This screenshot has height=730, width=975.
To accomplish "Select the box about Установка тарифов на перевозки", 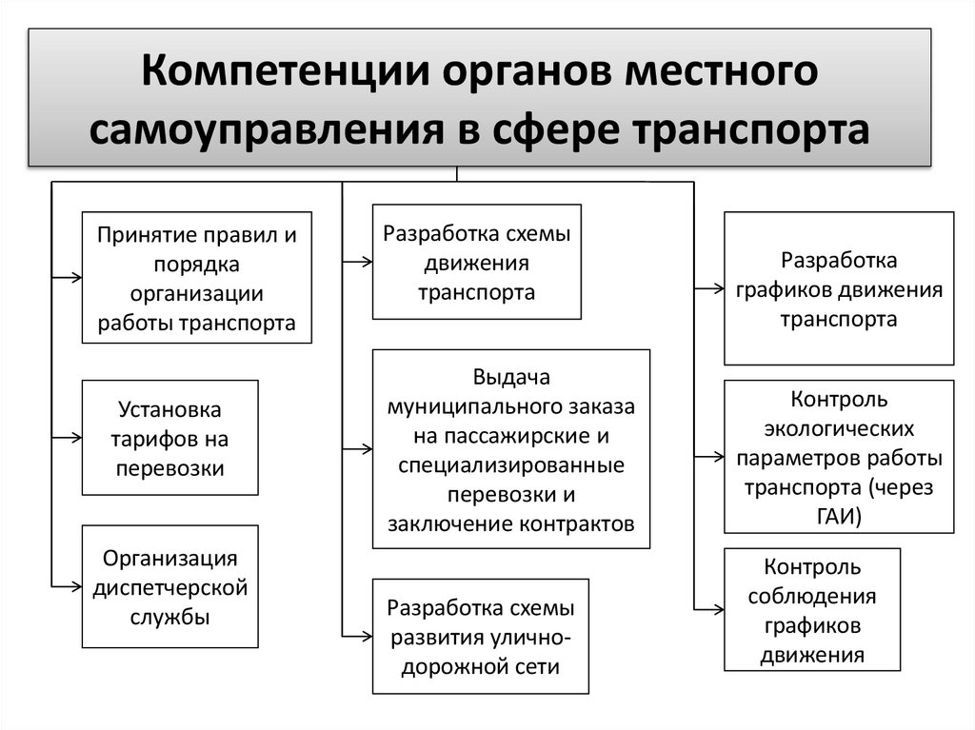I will click(170, 438).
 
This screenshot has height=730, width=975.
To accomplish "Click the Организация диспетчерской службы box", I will click(170, 586).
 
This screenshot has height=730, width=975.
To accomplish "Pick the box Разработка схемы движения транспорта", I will click(476, 262).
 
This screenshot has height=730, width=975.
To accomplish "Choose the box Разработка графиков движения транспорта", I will click(839, 289).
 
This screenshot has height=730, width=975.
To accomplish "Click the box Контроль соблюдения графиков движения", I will click(812, 610).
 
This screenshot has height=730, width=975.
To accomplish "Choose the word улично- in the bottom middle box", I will click(532, 637).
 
